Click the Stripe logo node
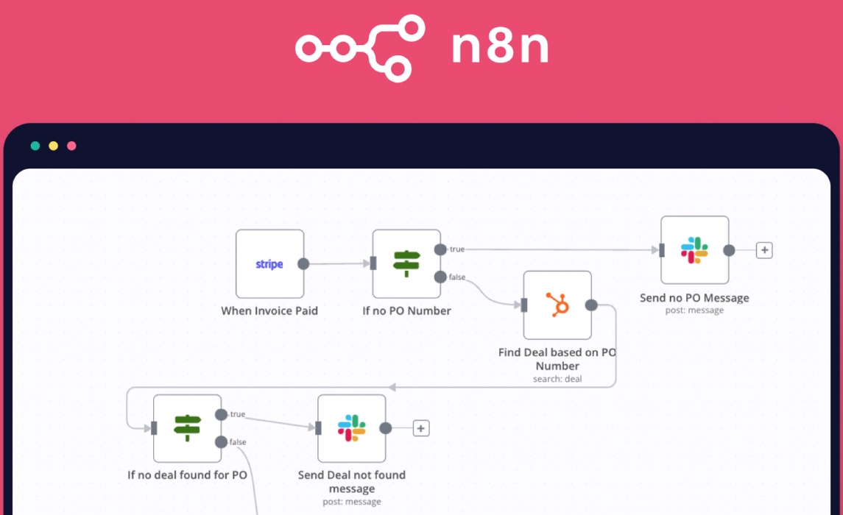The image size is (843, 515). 269,264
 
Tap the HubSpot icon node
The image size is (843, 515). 557,305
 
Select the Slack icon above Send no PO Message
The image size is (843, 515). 694,250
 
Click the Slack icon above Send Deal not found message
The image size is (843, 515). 351,428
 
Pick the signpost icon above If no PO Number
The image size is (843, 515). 406,263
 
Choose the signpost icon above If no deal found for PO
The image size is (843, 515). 187,428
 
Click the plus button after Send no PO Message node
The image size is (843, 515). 764,250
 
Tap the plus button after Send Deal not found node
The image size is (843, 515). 420,428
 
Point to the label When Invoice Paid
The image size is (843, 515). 269,310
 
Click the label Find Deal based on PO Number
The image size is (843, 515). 557,359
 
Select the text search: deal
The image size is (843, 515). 557,379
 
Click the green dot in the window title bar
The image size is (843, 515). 35,146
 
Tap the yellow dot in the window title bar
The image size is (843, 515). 53,146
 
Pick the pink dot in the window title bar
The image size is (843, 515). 71,146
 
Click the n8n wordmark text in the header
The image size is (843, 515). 500,49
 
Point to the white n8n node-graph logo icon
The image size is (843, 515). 360,49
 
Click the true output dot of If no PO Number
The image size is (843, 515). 440,249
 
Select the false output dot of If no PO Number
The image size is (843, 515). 440,277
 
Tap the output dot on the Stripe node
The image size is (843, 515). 303,264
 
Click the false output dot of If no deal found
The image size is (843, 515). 221,442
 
